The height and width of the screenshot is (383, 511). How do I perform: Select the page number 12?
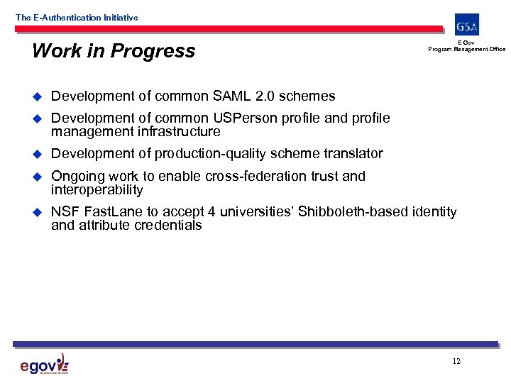(456, 361)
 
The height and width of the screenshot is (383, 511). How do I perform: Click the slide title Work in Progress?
(114, 51)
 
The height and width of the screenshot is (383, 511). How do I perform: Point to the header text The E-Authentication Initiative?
(77, 18)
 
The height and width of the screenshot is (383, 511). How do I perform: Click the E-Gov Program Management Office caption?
(466, 47)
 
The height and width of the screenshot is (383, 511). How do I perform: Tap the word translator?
(353, 154)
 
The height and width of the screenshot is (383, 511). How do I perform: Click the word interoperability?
(97, 190)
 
